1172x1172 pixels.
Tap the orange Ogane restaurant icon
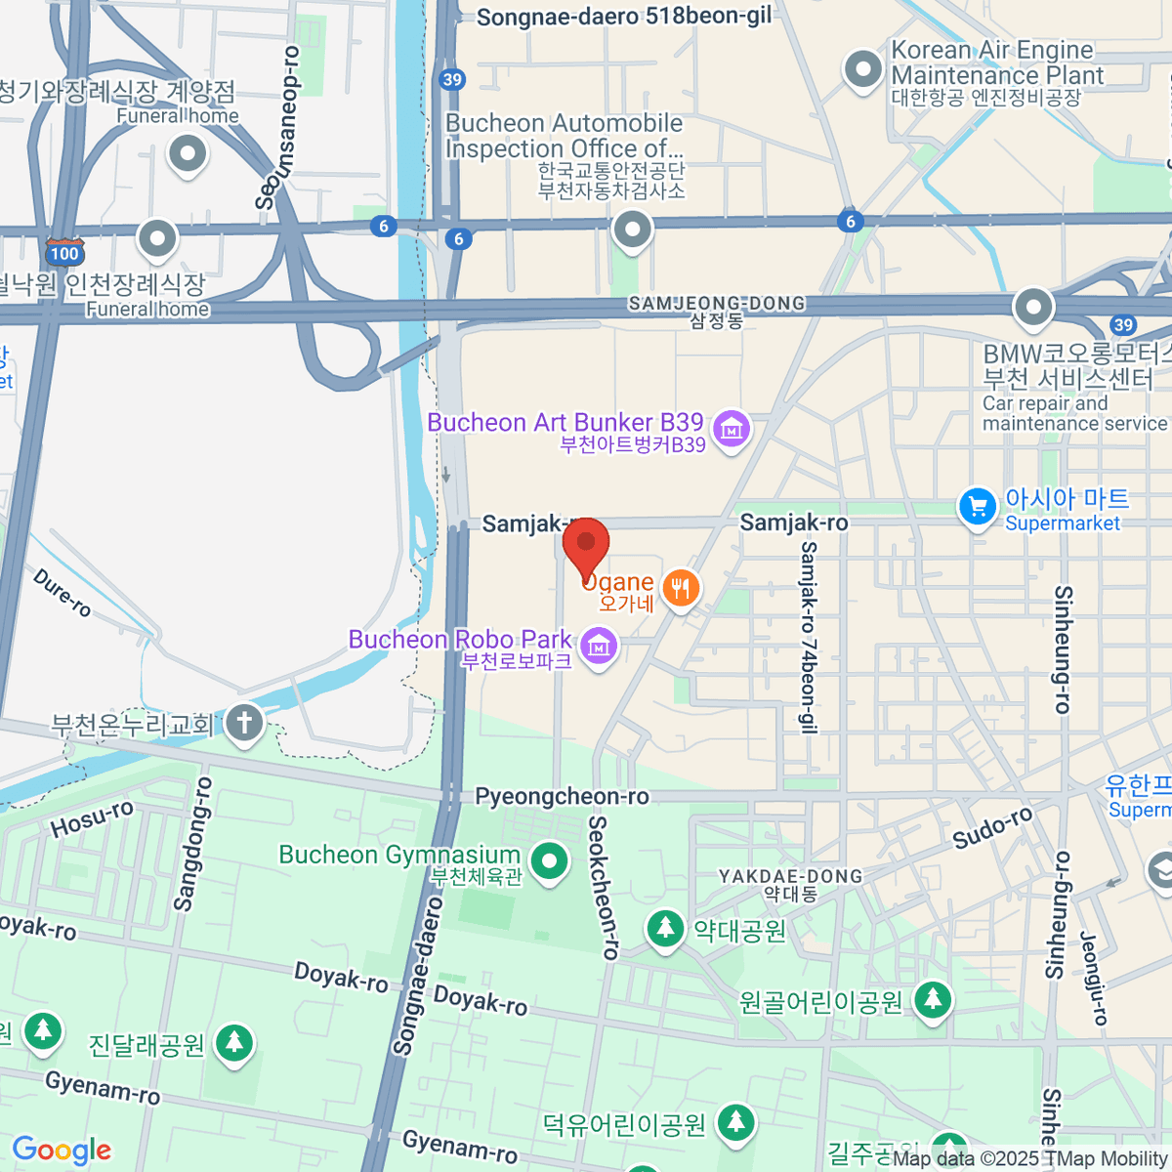coord(681,588)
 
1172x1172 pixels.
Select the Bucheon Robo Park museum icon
coord(599,646)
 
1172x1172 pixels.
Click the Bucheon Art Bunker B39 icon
coord(731,429)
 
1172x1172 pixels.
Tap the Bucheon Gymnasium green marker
coord(550,861)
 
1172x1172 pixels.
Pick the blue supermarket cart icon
coord(977,507)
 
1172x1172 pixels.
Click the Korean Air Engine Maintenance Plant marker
coord(862,69)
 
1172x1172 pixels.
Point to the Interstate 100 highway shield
coord(64,251)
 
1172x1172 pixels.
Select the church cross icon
coord(244,724)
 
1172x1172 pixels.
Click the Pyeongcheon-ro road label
coord(562,797)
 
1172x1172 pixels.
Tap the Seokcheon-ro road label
coord(604,887)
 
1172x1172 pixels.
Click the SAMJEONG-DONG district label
coord(717,304)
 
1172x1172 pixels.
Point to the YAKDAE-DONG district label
coord(791,876)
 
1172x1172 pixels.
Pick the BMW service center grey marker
coord(1032,308)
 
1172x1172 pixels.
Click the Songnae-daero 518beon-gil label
coord(624,17)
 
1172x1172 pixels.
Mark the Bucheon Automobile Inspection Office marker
coord(632,230)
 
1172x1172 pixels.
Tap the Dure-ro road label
coord(63,592)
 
